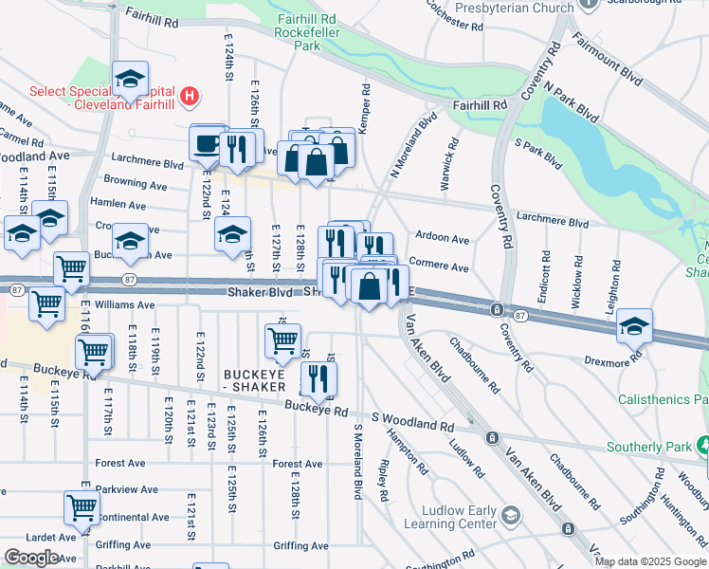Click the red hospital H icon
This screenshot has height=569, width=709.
[191, 96]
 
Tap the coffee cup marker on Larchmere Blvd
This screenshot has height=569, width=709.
[207, 145]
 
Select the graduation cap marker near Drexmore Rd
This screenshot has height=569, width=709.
[633, 328]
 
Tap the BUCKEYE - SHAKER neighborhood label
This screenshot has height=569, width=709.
[259, 381]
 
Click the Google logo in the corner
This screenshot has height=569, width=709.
[31, 557]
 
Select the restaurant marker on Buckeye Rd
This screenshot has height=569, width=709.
[318, 380]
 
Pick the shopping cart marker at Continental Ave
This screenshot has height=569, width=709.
[82, 508]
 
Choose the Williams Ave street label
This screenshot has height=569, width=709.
[124, 304]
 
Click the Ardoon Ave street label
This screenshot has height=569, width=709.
[443, 239]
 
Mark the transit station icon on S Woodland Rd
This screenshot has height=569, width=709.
[492, 437]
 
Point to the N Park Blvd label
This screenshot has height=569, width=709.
[578, 102]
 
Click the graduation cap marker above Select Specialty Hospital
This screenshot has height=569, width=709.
[131, 80]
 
